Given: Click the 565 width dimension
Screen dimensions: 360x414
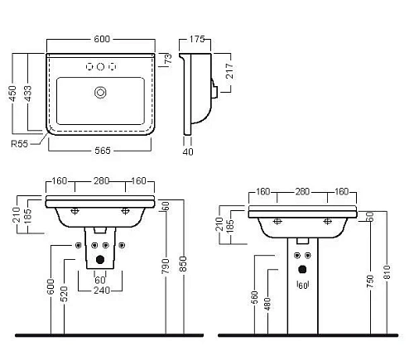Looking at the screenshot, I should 99,150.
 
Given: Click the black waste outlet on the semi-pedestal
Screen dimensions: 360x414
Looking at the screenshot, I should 100,259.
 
